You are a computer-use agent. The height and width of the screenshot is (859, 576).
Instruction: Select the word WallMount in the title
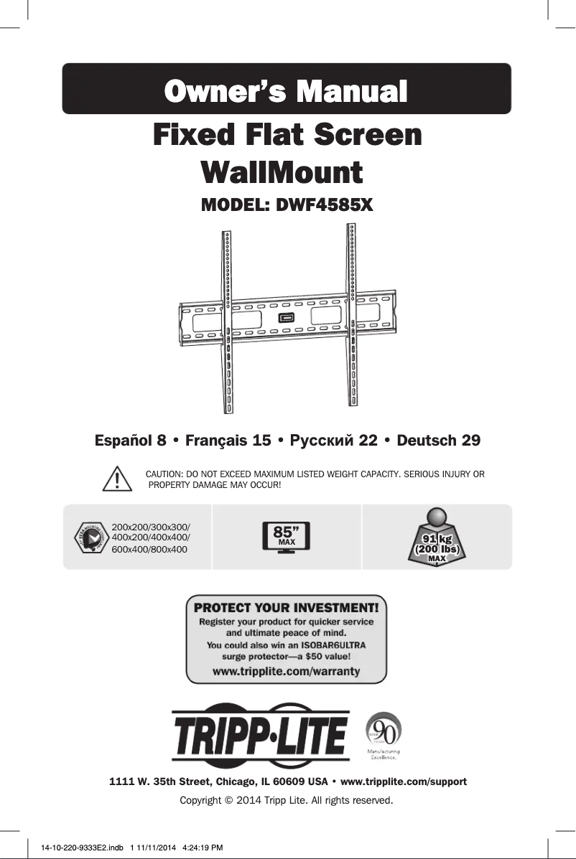point(281,173)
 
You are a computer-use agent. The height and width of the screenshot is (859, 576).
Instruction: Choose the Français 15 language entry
point(228,439)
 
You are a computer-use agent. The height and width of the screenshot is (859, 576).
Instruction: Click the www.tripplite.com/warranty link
point(287,672)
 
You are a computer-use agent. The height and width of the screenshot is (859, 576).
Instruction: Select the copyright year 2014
point(246,799)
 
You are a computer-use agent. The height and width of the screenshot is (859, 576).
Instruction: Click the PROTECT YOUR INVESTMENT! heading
point(287,607)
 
